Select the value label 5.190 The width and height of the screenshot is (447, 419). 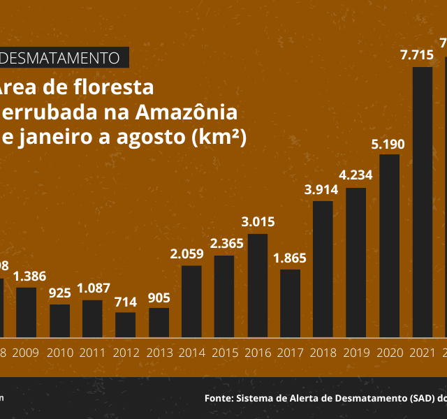[x=390, y=145]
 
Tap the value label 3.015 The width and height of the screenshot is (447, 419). [x=257, y=223]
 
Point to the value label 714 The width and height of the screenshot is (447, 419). [x=126, y=302]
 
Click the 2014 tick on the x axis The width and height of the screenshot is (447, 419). [x=191, y=351]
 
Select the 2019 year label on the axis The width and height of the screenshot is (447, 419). [x=356, y=351]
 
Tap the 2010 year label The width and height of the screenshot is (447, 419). [x=59, y=351]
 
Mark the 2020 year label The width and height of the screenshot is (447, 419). [x=390, y=351]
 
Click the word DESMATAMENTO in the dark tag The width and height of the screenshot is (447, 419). [x=61, y=57]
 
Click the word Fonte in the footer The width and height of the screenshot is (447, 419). [x=218, y=398]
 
